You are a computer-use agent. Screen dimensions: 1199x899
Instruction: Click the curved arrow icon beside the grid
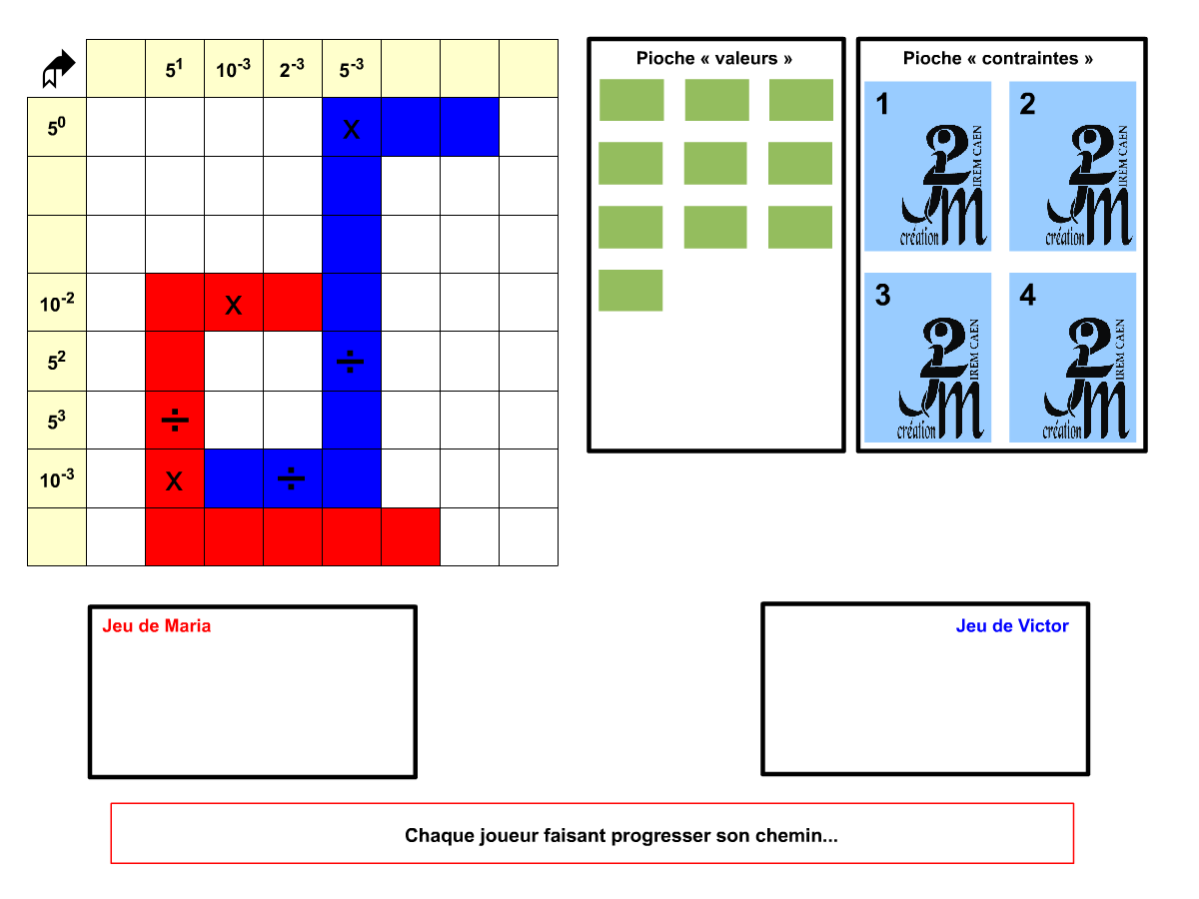click(x=58, y=68)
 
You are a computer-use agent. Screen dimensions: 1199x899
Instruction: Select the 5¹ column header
click(x=174, y=69)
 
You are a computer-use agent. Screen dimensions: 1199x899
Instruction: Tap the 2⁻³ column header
click(x=292, y=69)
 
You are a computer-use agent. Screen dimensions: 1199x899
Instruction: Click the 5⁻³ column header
click(x=352, y=69)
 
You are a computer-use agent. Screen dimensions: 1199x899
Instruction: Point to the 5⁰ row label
click(x=57, y=127)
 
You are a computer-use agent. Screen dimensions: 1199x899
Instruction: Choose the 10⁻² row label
click(x=57, y=303)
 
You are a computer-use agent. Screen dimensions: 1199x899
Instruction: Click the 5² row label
click(x=57, y=361)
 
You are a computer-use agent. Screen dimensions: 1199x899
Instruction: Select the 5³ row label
click(x=57, y=421)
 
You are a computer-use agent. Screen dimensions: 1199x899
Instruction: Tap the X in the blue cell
click(x=352, y=130)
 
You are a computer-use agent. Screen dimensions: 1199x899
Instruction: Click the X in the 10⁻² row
click(x=233, y=305)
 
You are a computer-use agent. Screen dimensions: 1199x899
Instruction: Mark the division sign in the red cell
click(x=175, y=420)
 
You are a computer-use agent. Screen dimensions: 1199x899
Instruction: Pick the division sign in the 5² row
click(x=350, y=362)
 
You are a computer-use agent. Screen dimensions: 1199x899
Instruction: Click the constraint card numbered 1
click(x=927, y=166)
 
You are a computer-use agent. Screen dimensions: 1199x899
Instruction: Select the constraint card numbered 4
click(x=1072, y=358)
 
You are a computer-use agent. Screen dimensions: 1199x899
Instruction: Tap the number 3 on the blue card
click(x=882, y=295)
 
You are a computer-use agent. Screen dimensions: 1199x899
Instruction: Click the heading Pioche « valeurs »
click(x=714, y=58)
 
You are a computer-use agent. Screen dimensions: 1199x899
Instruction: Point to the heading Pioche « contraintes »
click(x=997, y=58)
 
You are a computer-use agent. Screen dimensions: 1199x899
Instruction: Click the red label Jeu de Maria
click(x=156, y=625)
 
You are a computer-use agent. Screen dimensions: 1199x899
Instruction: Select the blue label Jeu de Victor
click(x=1012, y=625)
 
